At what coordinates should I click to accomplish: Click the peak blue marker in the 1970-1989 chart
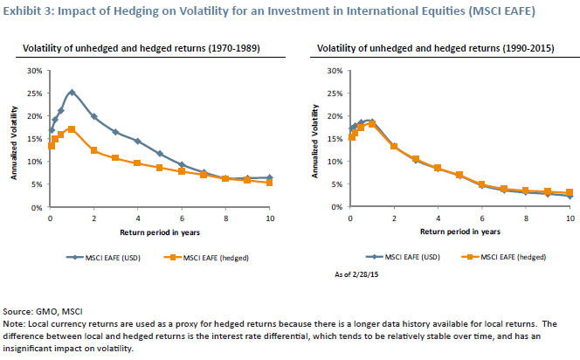[x=72, y=92]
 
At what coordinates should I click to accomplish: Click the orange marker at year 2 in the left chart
[x=93, y=150]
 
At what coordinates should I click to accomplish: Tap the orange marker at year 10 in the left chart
[x=269, y=183]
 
